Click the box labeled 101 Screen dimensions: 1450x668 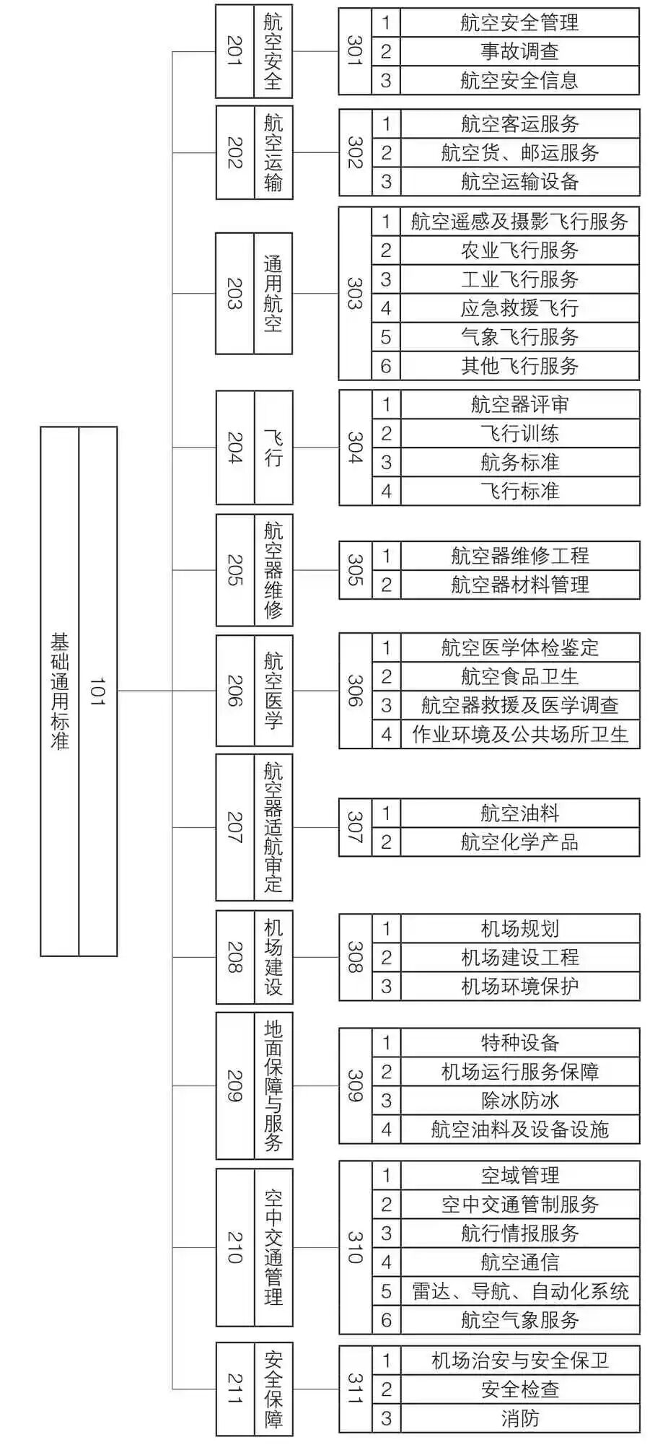point(97,691)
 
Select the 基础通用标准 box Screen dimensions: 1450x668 point(59,691)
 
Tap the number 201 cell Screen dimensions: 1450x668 point(234,51)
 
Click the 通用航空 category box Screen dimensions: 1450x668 point(273,293)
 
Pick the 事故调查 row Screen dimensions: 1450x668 point(519,52)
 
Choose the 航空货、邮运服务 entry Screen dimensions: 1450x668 point(519,153)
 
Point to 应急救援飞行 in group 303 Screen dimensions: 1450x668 point(519,308)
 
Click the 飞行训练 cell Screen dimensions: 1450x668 point(519,434)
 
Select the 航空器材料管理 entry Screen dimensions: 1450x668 point(519,585)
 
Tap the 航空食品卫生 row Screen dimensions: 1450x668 point(519,676)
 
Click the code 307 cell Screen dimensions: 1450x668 point(355,827)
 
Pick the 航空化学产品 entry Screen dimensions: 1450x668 point(519,842)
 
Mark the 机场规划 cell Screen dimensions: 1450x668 point(519,929)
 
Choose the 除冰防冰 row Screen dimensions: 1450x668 point(519,1101)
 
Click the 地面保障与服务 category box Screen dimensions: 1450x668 point(273,1086)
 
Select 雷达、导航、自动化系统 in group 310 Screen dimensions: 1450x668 point(519,1291)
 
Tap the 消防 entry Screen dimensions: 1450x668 point(519,1418)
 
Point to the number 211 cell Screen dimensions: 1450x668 point(234,1389)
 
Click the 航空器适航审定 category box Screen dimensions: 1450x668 point(273,827)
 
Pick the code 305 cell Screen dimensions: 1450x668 point(355,570)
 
